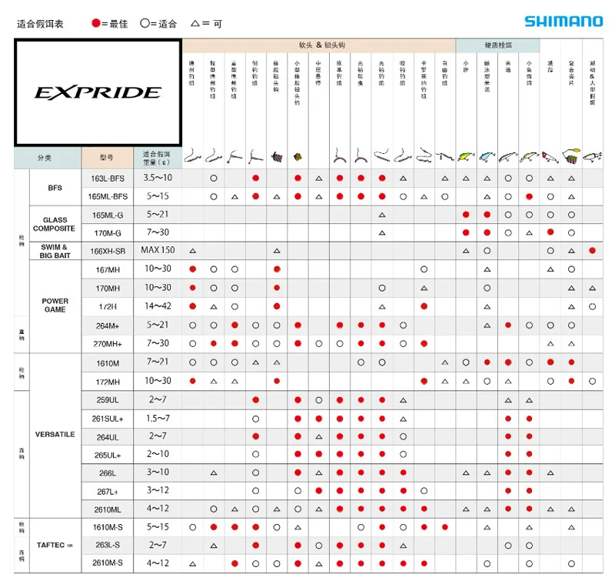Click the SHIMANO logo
click(563, 22)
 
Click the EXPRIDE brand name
click(98, 93)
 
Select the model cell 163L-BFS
click(107, 178)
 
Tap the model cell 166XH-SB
click(107, 250)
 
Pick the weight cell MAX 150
click(158, 250)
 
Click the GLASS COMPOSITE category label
click(55, 224)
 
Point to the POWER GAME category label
click(55, 306)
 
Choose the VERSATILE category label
click(55, 435)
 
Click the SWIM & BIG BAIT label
click(55, 251)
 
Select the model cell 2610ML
click(107, 509)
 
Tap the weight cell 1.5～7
click(158, 418)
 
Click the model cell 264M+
click(107, 326)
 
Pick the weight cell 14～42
click(158, 306)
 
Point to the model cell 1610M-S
click(107, 527)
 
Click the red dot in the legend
click(96, 24)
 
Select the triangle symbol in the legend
click(196, 23)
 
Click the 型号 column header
click(107, 158)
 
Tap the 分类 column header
click(45, 158)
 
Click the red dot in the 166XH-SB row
click(592, 250)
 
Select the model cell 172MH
click(107, 381)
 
